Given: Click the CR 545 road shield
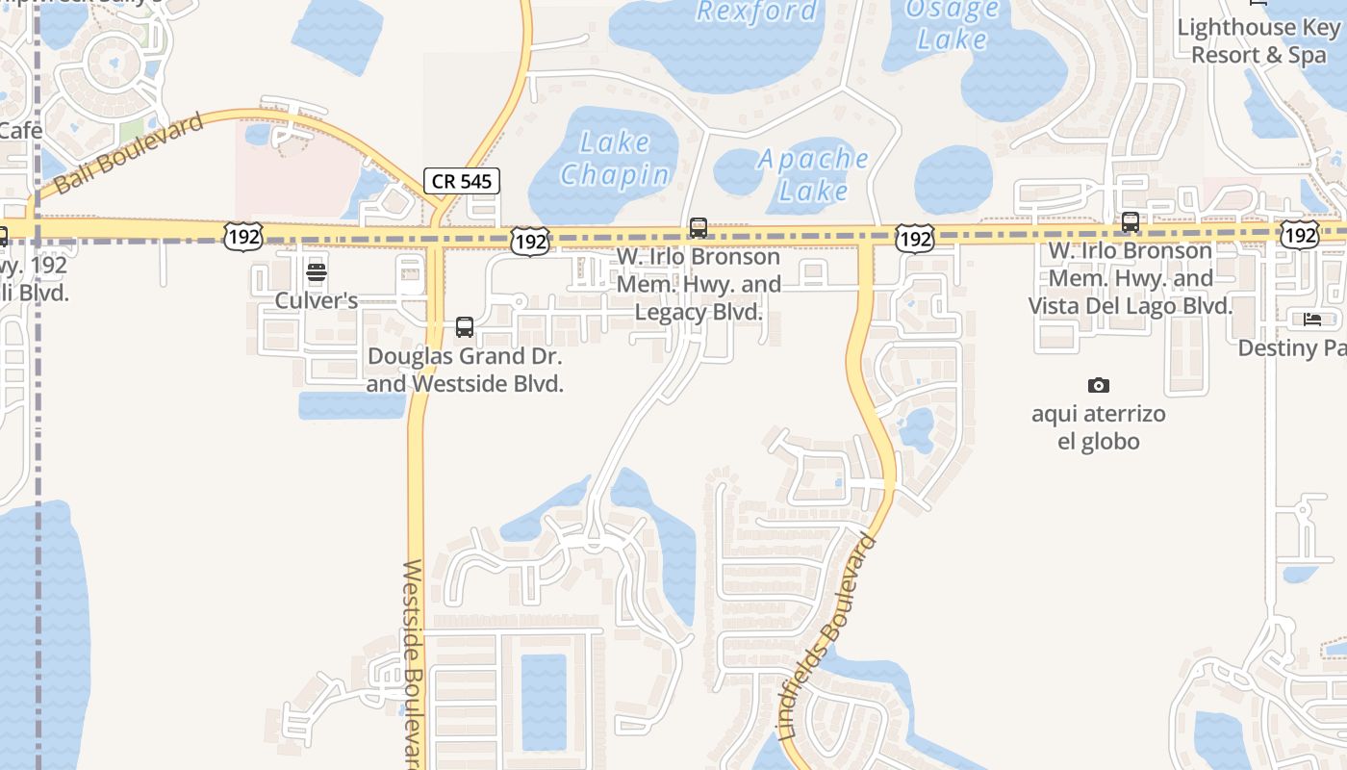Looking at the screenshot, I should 462,180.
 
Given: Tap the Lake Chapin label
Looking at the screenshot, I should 615,159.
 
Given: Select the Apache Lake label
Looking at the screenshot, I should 813,174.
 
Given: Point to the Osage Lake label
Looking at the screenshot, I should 952,24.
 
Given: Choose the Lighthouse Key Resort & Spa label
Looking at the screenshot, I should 1258,41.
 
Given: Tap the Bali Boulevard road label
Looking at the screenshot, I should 130,152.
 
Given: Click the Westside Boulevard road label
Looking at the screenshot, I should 413,664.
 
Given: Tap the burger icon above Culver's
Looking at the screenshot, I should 317,272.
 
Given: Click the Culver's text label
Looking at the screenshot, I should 317,300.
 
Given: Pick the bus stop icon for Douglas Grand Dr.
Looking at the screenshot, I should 465,327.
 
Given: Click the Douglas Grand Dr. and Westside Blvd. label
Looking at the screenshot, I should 465,370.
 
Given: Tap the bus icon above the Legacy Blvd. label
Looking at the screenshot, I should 699,228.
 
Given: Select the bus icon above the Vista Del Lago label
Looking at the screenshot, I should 1131,222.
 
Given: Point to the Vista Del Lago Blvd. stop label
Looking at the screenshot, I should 1131,278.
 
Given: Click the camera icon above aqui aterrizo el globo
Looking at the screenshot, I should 1099,386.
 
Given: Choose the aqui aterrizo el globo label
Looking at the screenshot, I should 1099,428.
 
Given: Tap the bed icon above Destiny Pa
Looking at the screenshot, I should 1311,320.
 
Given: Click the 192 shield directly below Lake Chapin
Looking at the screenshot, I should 530,241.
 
